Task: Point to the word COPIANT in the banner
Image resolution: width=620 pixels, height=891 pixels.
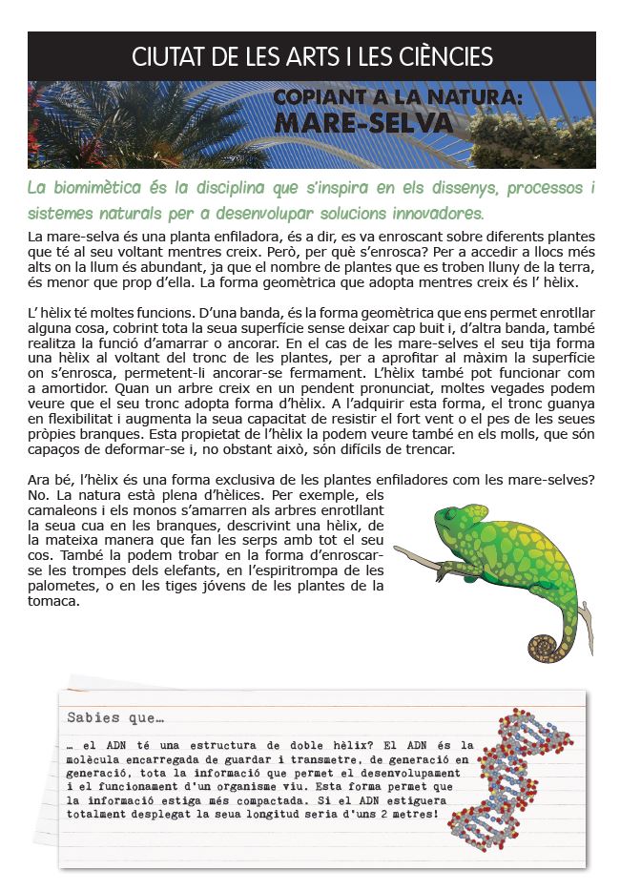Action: [x=316, y=98]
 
